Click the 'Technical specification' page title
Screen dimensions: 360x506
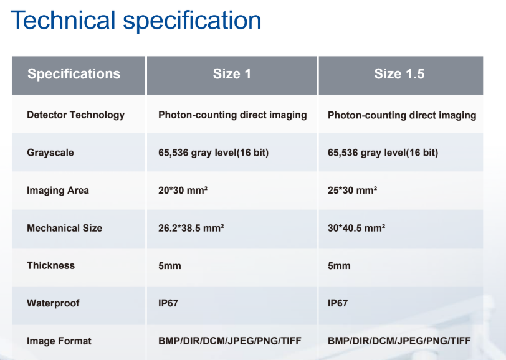pyautogui.click(x=136, y=21)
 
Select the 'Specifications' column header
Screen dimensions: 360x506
pyautogui.click(x=74, y=74)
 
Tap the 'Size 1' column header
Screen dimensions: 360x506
pyautogui.click(x=232, y=74)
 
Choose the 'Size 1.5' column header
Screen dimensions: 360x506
pyautogui.click(x=399, y=74)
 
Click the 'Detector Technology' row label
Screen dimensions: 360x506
pyautogui.click(x=75, y=115)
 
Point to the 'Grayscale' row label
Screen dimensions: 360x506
pyautogui.click(x=50, y=153)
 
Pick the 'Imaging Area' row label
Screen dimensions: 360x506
pyautogui.click(x=57, y=191)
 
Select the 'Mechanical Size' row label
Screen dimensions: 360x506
pyautogui.click(x=64, y=228)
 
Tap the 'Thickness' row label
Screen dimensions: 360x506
pyautogui.click(x=50, y=265)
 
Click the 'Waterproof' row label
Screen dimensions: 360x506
pyautogui.click(x=54, y=303)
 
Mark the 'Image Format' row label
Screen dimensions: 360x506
pyautogui.click(x=59, y=341)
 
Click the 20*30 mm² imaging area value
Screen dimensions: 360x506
pyautogui.click(x=183, y=191)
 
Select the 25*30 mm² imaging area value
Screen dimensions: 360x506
pyautogui.click(x=352, y=191)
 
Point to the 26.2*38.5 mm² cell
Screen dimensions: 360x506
pyautogui.click(x=191, y=228)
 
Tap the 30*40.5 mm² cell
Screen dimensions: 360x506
pyautogui.click(x=356, y=228)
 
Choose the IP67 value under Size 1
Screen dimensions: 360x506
pyautogui.click(x=168, y=303)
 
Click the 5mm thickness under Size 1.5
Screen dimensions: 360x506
pyautogui.click(x=339, y=266)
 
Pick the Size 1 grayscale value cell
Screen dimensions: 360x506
pyautogui.click(x=213, y=153)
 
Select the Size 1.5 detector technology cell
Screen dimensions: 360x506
pyautogui.click(x=401, y=115)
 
